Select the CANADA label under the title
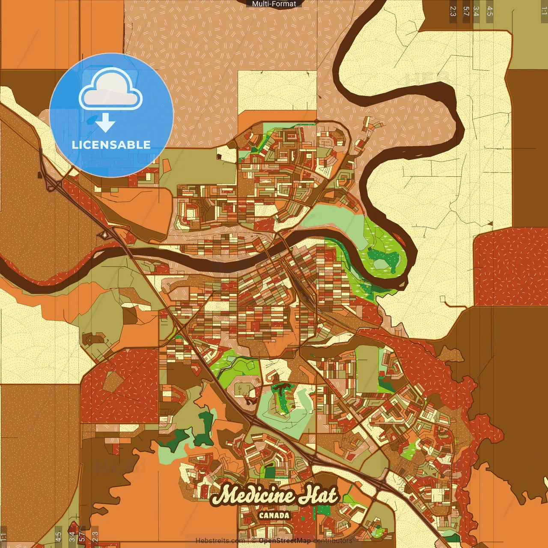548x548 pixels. (274, 515)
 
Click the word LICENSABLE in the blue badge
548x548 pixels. (111, 145)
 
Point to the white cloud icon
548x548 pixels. (110, 89)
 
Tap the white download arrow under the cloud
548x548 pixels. (105, 123)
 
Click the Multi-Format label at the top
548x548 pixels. (274, 4)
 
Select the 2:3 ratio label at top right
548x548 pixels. (453, 11)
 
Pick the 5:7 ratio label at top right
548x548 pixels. (466, 11)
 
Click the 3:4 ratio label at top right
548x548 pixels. (476, 11)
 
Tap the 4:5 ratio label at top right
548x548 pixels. (490, 11)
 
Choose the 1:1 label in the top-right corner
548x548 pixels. (544, 11)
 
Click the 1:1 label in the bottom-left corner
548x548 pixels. (4, 536)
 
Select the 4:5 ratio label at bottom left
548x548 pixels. (58, 536)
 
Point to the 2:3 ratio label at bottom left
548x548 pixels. (95, 536)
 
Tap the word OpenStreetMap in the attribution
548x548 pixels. (285, 541)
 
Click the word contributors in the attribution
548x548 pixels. (333, 541)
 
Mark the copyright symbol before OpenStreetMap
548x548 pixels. (254, 541)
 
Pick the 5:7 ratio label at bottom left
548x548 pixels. (82, 536)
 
